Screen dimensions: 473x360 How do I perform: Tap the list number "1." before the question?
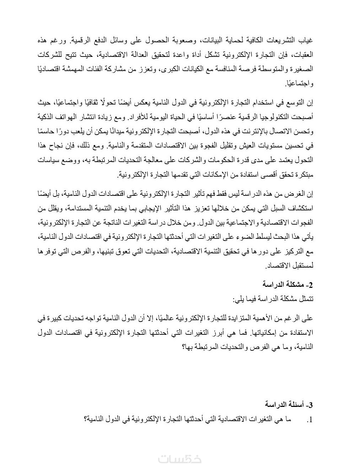coord(308,420)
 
